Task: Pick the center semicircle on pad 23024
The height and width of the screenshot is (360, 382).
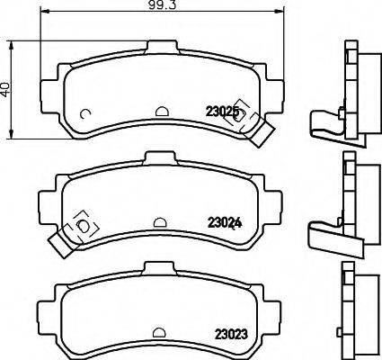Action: point(159,222)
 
